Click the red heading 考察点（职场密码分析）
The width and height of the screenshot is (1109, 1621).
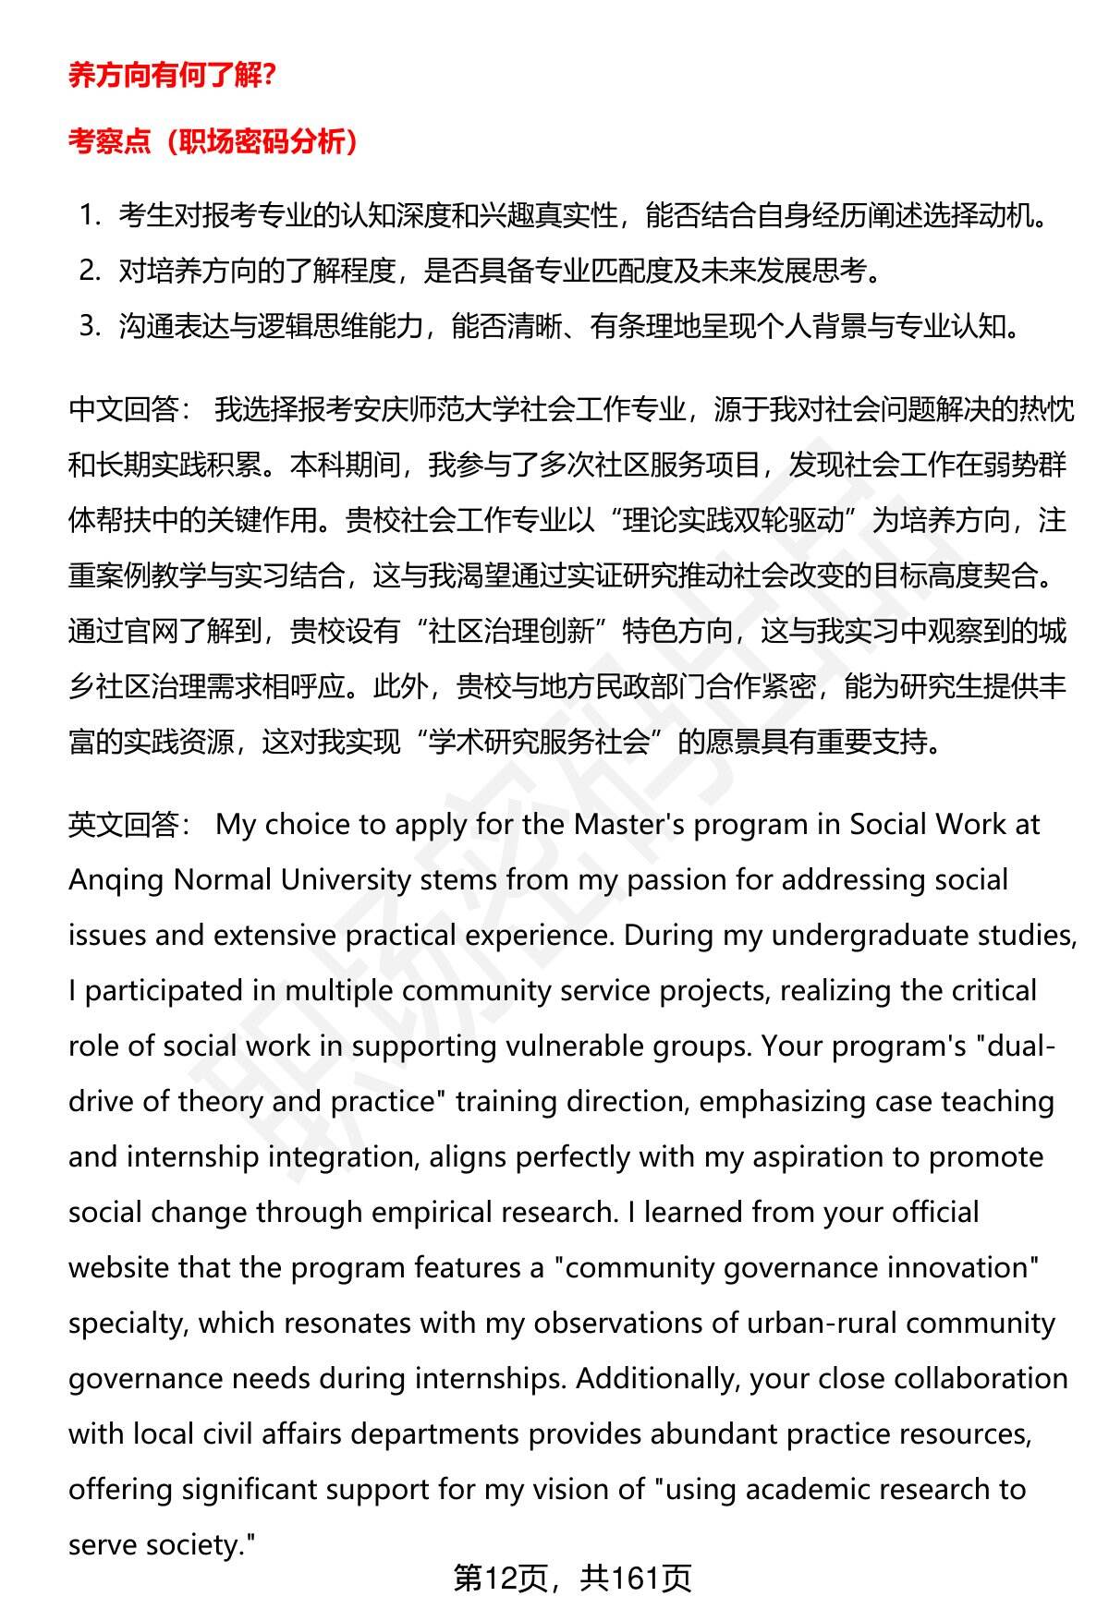[213, 141]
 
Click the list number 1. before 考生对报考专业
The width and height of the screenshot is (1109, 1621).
[90, 216]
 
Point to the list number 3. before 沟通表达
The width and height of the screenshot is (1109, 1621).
[90, 326]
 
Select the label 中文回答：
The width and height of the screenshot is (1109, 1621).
[130, 409]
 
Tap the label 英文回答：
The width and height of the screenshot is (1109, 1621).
[130, 824]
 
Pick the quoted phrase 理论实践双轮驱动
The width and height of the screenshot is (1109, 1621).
[734, 520]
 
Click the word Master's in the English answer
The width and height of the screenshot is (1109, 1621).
[629, 824]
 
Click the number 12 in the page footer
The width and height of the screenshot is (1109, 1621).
[502, 1579]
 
